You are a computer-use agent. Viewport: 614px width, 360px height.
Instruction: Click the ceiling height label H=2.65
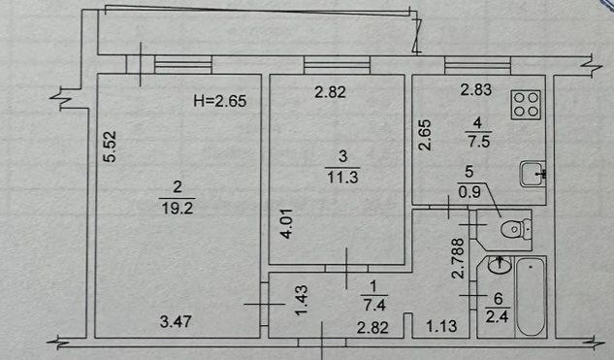point(220,101)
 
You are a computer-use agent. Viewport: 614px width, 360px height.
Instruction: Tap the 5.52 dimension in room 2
point(110,147)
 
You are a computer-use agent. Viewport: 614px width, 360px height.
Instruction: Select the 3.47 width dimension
point(176,321)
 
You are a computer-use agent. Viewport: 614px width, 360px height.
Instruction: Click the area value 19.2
point(177,208)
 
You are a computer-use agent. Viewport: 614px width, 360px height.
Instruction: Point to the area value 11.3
point(343,178)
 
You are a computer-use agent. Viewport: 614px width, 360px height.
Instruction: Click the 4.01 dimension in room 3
point(287,224)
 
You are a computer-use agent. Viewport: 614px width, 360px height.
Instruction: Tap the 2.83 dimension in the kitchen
point(475,89)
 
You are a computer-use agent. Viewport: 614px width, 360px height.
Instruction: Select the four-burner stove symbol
point(526,105)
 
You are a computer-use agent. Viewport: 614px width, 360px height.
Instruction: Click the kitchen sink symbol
point(533,174)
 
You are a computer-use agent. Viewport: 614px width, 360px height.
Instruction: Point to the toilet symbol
point(516,228)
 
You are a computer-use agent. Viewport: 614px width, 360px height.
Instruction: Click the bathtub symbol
point(531,296)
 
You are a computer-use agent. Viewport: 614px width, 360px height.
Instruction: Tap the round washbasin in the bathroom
point(500,265)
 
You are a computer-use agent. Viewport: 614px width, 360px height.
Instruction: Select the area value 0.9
point(469,192)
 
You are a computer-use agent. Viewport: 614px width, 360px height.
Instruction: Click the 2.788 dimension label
point(458,258)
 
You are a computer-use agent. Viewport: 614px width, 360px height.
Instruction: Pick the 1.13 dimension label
point(441,326)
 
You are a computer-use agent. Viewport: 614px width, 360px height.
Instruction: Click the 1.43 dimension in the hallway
point(302,300)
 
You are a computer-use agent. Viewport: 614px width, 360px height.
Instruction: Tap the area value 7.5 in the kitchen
point(478,141)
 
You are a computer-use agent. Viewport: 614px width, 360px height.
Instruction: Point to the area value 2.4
point(498,315)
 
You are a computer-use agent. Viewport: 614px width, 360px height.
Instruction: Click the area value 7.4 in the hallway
point(374,305)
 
